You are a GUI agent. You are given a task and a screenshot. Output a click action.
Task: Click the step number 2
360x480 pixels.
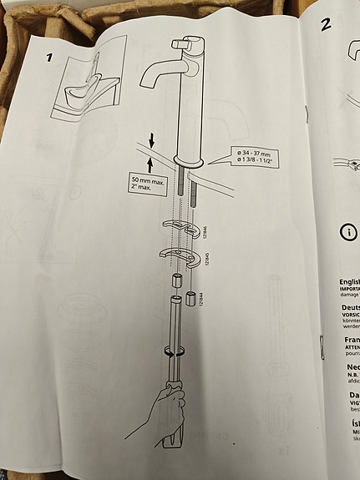coord(326,23)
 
